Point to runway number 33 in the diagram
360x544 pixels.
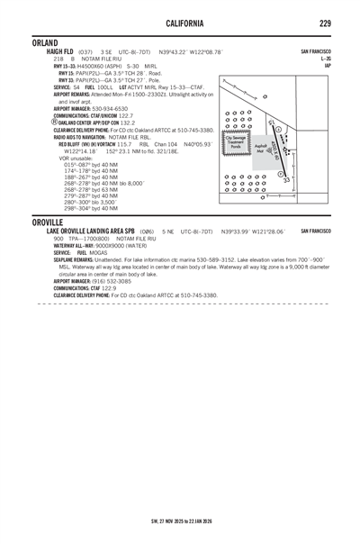pos(286,181)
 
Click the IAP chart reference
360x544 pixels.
pos(328,65)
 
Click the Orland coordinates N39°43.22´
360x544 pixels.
pos(174,52)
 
